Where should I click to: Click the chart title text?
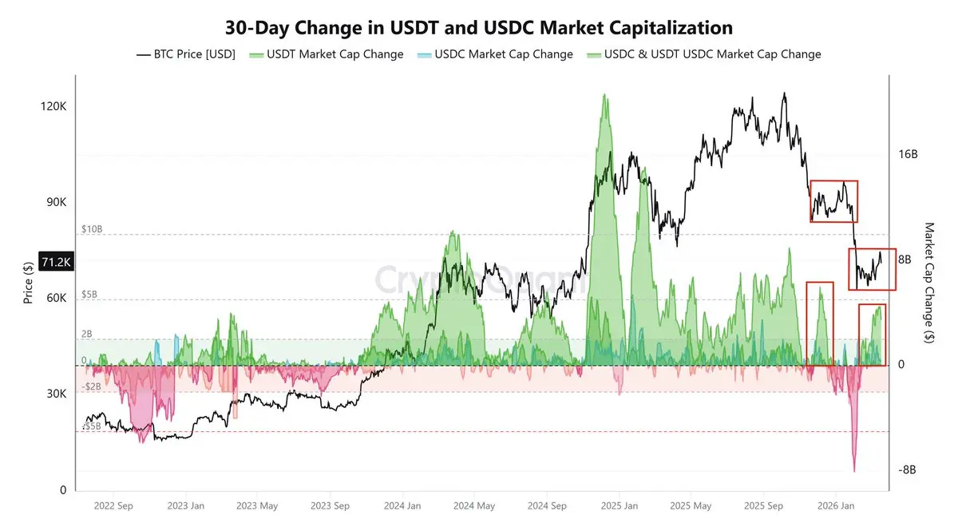click(x=479, y=28)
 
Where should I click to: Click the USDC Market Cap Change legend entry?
click(x=505, y=54)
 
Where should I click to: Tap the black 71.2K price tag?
click(x=56, y=261)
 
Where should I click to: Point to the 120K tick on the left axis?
click(x=53, y=106)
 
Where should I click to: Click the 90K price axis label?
click(x=55, y=202)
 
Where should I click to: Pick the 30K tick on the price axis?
click(x=55, y=394)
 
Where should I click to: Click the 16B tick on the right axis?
click(x=908, y=154)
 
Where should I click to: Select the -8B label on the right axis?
click(x=907, y=470)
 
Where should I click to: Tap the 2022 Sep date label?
click(x=113, y=505)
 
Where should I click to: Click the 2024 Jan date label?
click(x=402, y=505)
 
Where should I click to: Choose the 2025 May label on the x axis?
click(x=691, y=505)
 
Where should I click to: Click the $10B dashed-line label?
click(x=92, y=228)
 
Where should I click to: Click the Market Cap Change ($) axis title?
click(x=928, y=283)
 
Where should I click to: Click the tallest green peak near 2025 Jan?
click(x=604, y=95)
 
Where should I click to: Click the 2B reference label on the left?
click(x=87, y=334)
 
